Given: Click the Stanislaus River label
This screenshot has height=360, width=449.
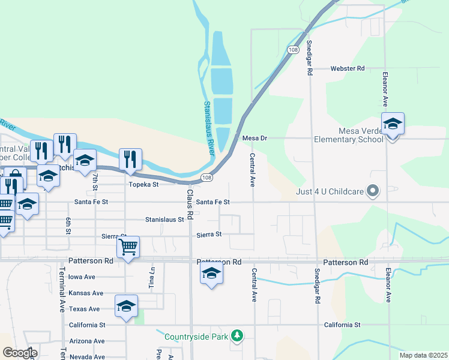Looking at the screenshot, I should click(x=209, y=128).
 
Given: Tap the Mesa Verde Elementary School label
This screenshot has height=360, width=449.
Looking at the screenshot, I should click(x=348, y=135).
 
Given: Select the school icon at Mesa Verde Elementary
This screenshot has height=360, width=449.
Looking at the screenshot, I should click(x=393, y=124).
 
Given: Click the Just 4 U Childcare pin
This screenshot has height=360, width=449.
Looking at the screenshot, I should click(x=373, y=191).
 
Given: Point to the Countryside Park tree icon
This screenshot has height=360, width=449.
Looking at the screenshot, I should click(x=237, y=335).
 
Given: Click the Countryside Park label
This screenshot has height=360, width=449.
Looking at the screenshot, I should click(x=196, y=336).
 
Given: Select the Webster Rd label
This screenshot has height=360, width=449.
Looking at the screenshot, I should click(x=348, y=68).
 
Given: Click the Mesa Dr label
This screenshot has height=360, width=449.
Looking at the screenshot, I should click(x=254, y=138).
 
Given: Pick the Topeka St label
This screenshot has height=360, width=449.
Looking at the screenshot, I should click(x=143, y=184).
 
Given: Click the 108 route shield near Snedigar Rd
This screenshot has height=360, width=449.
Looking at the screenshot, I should click(x=293, y=49).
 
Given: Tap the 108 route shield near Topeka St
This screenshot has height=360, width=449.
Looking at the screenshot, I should click(x=206, y=177).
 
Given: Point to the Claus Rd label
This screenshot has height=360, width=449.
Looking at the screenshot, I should click(x=189, y=203).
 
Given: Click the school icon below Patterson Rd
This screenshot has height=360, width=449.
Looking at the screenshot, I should click(x=211, y=274).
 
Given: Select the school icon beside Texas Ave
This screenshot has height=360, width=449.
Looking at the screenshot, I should click(x=126, y=306).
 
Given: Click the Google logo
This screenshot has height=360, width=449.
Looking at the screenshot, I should click(x=20, y=352).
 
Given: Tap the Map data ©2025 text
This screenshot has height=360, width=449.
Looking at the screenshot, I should click(x=423, y=355).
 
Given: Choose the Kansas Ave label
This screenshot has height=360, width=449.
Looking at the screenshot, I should click(x=86, y=293).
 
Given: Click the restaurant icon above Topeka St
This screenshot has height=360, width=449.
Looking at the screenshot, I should click(x=130, y=160).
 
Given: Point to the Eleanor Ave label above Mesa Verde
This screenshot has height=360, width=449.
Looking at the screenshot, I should click(x=385, y=86).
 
